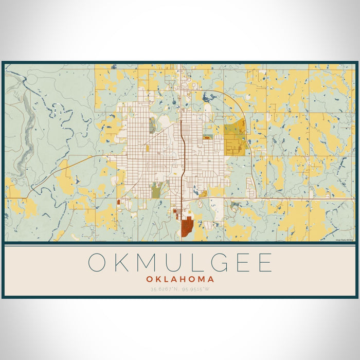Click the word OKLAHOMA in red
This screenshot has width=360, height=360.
[180, 279]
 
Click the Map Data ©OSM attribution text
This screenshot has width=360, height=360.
[345, 240]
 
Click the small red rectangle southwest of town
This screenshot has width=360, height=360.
[120, 202]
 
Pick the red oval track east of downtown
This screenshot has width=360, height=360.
[207, 138]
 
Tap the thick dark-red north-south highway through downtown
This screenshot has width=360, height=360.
[183, 154]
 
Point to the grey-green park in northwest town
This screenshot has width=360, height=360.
[152, 125]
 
